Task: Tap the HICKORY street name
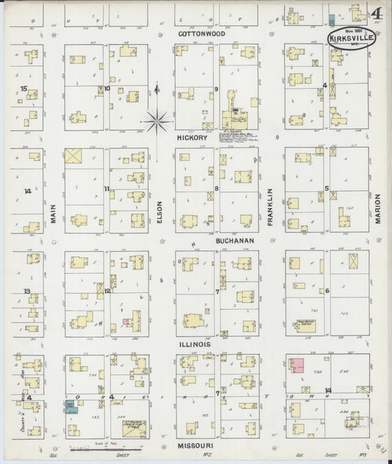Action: tap(193, 137)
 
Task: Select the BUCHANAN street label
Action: tap(235, 240)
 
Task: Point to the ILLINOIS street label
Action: tap(193, 343)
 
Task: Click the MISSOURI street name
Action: tap(196, 445)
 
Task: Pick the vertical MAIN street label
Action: tap(53, 218)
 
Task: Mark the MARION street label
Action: tap(377, 209)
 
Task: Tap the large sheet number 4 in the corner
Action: tap(375, 14)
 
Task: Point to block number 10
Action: tap(107, 89)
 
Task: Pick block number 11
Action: tap(107, 189)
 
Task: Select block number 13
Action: tap(26, 291)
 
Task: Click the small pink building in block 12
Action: tap(126, 322)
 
